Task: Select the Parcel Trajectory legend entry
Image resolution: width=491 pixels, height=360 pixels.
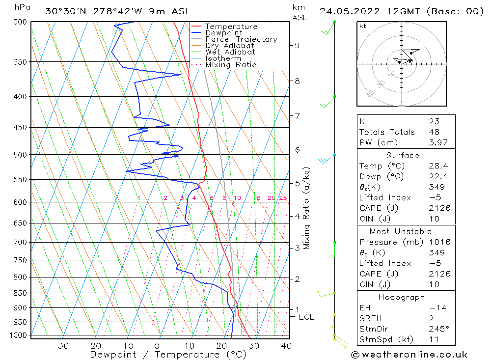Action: (241, 39)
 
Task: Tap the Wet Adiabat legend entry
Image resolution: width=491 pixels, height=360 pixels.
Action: (230, 52)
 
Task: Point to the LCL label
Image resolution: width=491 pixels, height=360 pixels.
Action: (306, 317)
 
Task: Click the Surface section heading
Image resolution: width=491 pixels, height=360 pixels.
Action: (403, 156)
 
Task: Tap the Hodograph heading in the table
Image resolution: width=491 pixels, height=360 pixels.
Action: (402, 297)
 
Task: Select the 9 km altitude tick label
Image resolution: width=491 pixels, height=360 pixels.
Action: (297, 46)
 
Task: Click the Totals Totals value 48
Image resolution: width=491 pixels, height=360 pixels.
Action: (434, 132)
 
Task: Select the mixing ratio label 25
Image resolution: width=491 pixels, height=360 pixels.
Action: (283, 198)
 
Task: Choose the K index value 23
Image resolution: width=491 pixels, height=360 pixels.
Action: (434, 121)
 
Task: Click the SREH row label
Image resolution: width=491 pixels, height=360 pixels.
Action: (370, 319)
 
